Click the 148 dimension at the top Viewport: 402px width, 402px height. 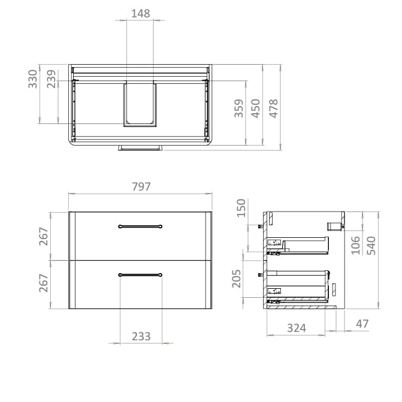point(140,13)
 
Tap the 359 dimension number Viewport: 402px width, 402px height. point(239,109)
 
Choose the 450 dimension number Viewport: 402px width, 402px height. point(256,109)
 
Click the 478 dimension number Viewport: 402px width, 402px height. point(273,109)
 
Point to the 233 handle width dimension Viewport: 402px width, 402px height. point(141,337)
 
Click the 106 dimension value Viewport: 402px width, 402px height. point(355,245)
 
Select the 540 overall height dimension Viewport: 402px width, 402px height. point(371,245)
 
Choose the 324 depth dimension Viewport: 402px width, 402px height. point(296,328)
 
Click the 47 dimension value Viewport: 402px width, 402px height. point(362,324)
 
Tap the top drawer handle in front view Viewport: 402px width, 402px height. point(140,226)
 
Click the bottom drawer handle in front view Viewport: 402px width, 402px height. point(140,274)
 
